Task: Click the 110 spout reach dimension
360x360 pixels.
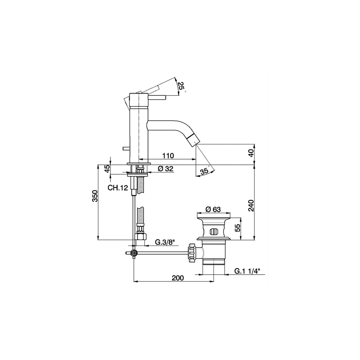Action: click(168, 156)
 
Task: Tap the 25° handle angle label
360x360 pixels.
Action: click(181, 86)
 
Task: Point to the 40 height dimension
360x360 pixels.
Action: click(252, 153)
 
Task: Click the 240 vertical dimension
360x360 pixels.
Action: click(252, 205)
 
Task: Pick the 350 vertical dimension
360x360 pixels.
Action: click(95, 196)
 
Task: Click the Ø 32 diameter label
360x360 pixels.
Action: click(165, 169)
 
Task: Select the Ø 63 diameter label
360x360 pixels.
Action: click(213, 210)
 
